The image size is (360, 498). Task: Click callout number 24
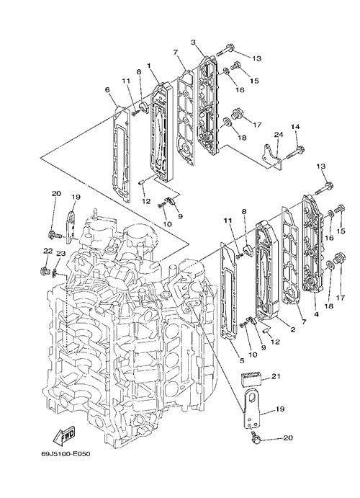[278, 135]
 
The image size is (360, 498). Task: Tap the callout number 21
[276, 376]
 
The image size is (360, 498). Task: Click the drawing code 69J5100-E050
[66, 453]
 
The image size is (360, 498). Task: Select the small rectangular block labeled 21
[252, 378]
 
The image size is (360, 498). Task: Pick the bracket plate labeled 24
[272, 156]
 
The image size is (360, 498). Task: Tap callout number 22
[48, 251]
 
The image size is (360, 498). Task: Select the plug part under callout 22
[44, 271]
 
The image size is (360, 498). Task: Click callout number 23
[60, 253]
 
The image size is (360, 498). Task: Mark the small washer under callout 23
[55, 272]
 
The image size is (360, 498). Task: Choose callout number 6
[107, 90]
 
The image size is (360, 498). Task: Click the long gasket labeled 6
[122, 154]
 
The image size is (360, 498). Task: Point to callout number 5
[242, 360]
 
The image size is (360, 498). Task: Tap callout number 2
[293, 329]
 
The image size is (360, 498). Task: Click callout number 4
[316, 314]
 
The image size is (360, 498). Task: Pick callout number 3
[193, 42]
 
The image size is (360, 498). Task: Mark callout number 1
[148, 66]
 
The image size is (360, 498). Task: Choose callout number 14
[295, 127]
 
